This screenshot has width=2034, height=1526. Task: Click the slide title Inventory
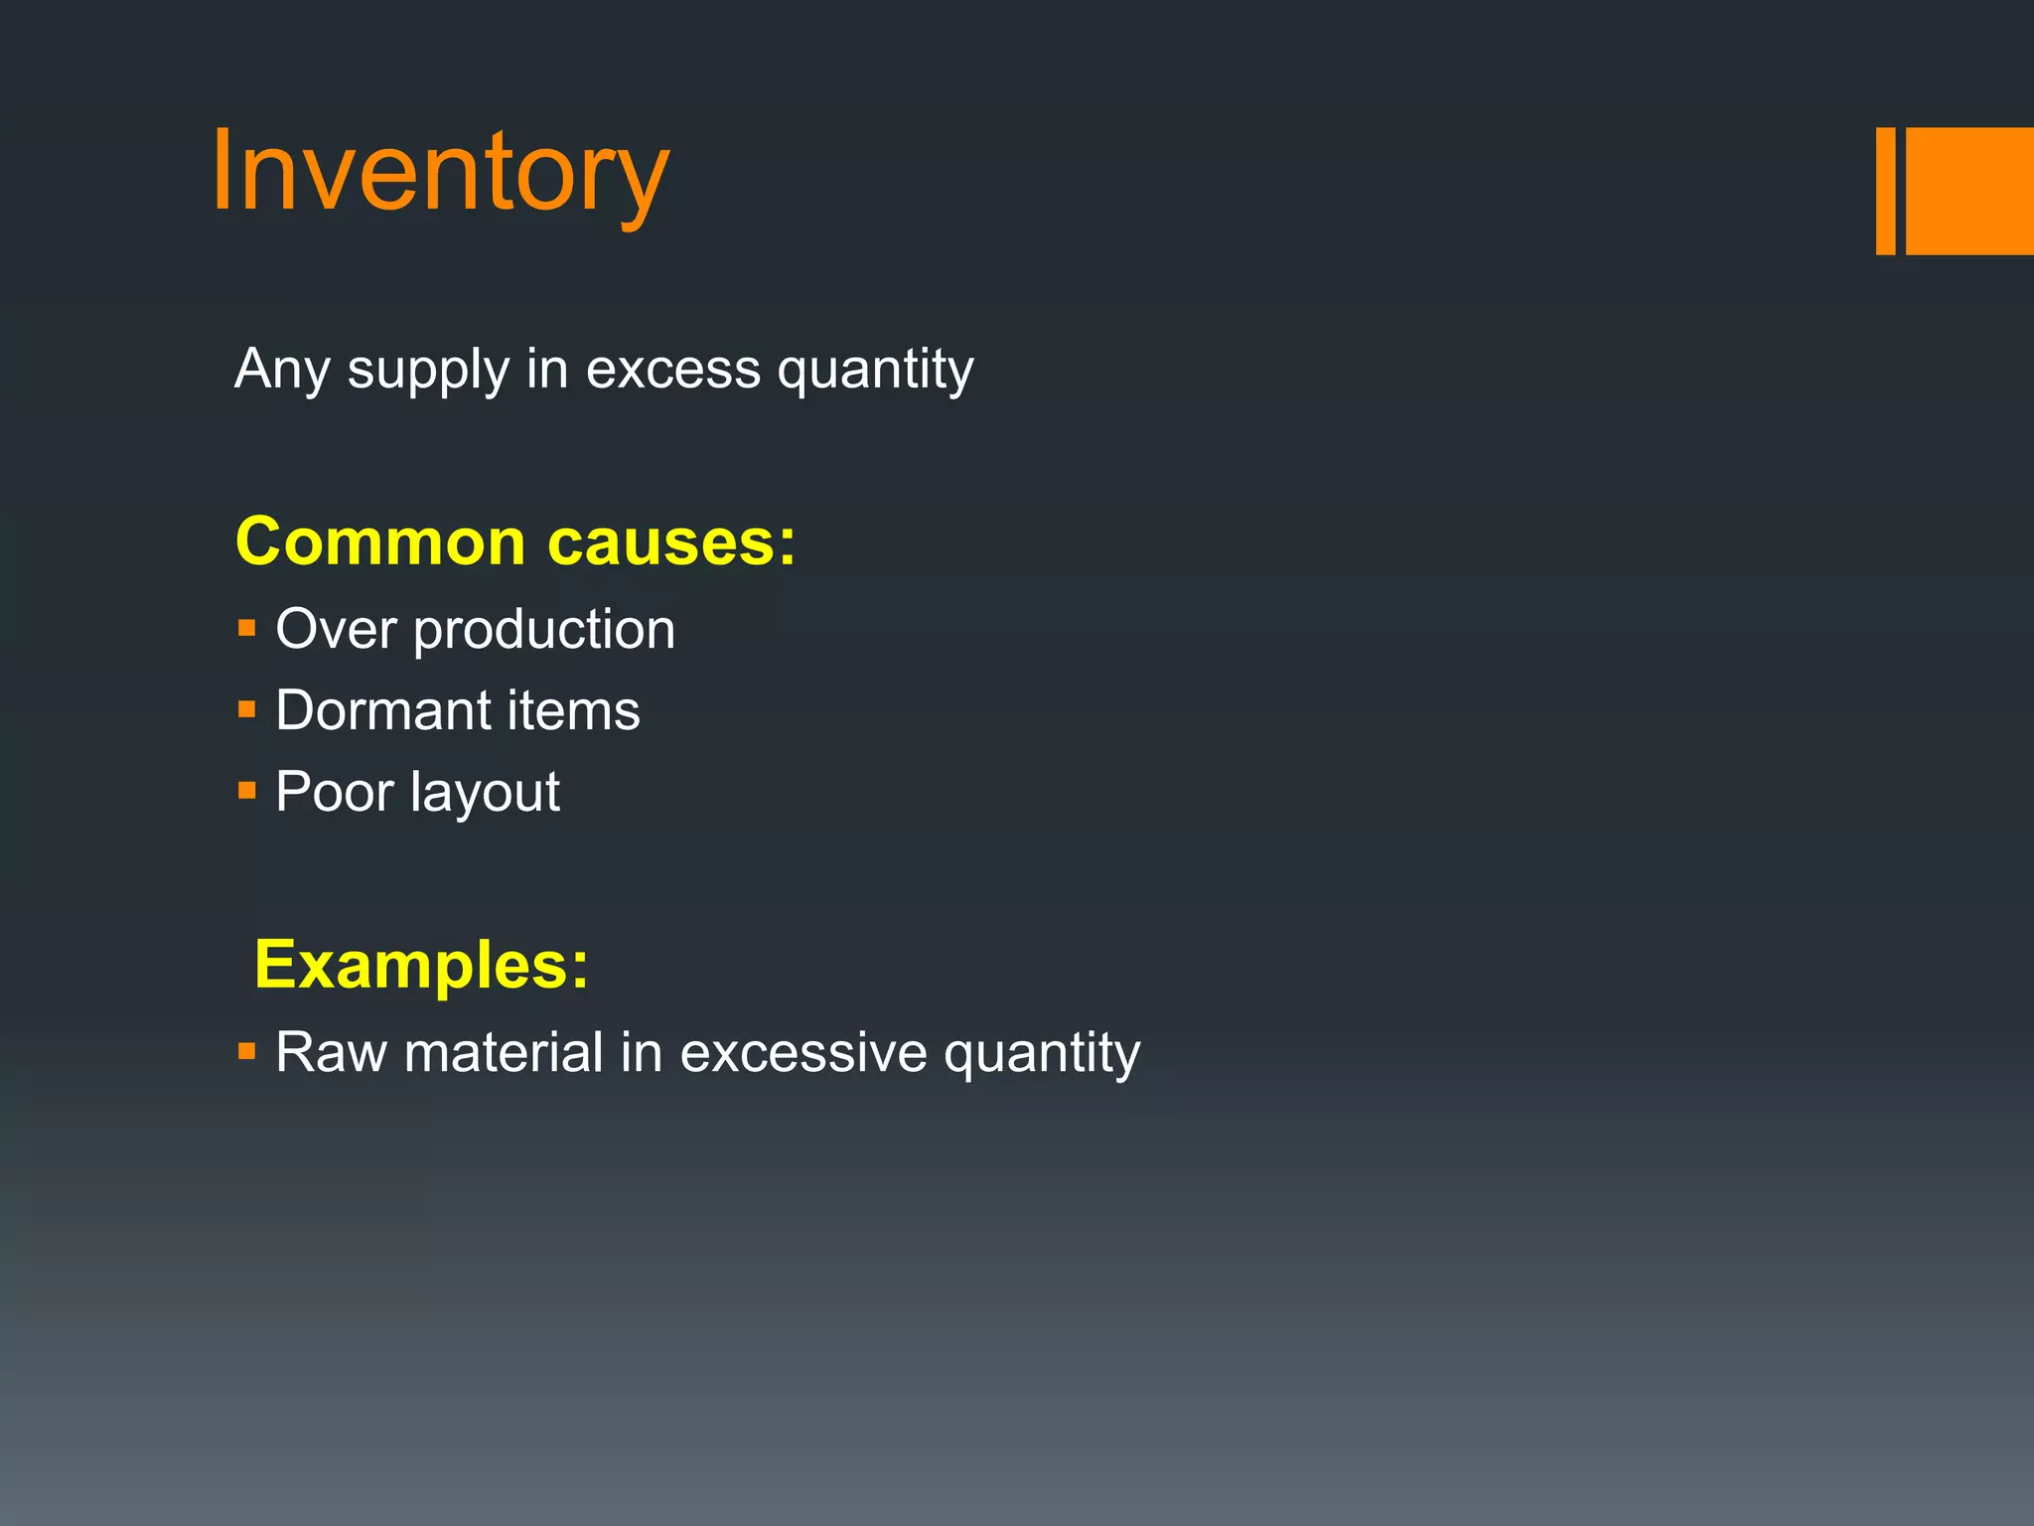point(440,174)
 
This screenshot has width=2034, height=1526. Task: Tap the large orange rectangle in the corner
point(1969,191)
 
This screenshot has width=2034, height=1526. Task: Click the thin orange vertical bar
point(1885,191)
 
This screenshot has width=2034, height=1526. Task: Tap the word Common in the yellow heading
point(380,542)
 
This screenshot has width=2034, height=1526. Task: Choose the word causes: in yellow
point(671,544)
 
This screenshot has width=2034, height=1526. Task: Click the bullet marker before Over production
point(247,629)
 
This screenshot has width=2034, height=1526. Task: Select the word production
point(544,631)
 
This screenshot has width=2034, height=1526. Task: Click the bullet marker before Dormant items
point(247,710)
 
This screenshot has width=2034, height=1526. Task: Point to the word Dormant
point(383,711)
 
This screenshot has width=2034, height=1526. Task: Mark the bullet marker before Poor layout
point(247,792)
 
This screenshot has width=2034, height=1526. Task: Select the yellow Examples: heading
point(421,965)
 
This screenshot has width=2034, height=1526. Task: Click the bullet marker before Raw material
point(247,1051)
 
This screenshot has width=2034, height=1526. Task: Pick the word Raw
point(331,1052)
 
